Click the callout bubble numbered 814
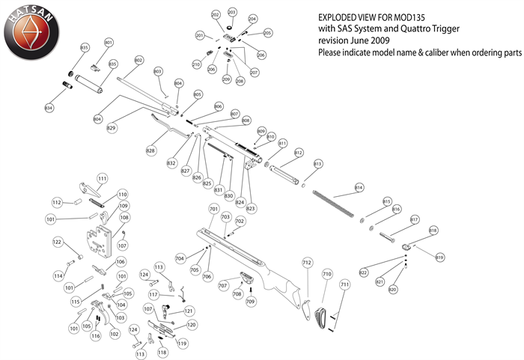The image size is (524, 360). click(x=359, y=186)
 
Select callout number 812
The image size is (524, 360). click(x=298, y=153)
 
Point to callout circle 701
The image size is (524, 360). click(x=214, y=209)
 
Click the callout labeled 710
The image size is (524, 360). click(x=326, y=275)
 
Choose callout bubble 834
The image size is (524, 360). click(x=49, y=109)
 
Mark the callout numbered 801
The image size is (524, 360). click(x=109, y=43)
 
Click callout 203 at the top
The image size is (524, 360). click(x=232, y=13)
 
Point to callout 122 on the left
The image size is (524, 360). click(x=57, y=242)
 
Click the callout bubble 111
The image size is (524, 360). click(x=102, y=178)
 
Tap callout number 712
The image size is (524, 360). click(x=306, y=263)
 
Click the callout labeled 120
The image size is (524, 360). click(x=192, y=326)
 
